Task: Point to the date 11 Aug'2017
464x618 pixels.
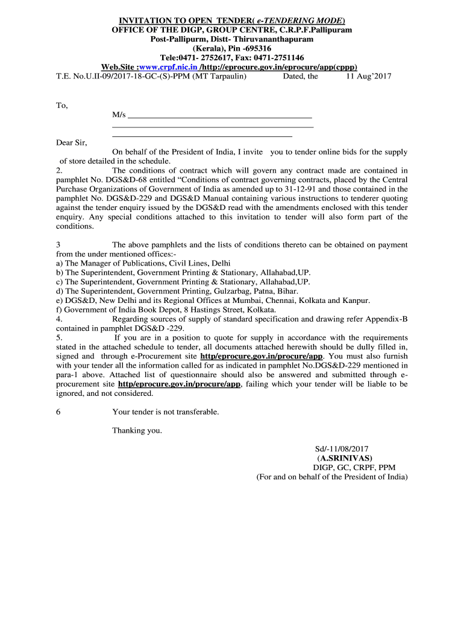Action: coord(369,77)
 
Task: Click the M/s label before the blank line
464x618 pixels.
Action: coord(119,115)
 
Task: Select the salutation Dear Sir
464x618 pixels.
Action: coord(71,143)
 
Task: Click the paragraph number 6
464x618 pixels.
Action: coord(58,412)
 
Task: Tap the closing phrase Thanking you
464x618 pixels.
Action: coord(137,430)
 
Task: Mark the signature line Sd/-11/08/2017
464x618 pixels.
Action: coord(342,449)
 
